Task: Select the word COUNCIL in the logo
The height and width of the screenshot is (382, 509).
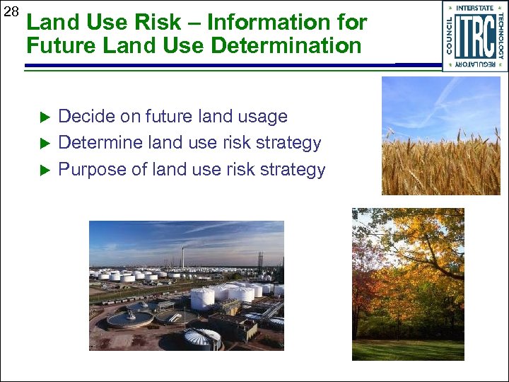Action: tap(450, 35)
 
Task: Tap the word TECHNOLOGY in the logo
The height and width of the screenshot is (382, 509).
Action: tap(501, 35)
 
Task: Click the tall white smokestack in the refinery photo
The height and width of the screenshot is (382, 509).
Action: tap(183, 259)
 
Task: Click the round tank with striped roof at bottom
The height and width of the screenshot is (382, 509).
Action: tap(202, 338)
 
